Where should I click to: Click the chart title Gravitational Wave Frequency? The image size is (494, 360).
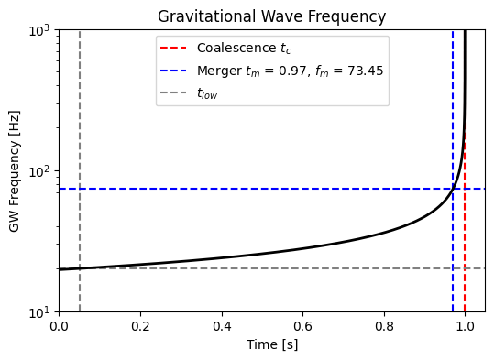pos(271,16)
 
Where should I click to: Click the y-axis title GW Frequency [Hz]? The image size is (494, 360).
pos(15,171)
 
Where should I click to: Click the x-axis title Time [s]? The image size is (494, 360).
pos(271,344)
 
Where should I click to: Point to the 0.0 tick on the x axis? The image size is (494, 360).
pos(60,324)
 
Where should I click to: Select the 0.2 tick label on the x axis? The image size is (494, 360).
pos(140,324)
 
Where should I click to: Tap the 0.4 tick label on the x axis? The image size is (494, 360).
pos(222,324)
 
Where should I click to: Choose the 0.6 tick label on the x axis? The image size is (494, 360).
pos(302,324)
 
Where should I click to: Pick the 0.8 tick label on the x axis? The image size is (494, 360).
pos(384,324)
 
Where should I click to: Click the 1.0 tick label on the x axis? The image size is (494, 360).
pos(465,324)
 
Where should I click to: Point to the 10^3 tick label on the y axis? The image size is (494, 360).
pos(41,30)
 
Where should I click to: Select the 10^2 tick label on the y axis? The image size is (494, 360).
pos(41,171)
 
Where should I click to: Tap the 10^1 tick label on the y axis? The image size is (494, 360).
pos(41,312)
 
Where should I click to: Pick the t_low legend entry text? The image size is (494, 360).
pos(207,93)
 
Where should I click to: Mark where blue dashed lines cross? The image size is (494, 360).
pos(453,189)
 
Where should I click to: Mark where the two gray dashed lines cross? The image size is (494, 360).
pos(80,268)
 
